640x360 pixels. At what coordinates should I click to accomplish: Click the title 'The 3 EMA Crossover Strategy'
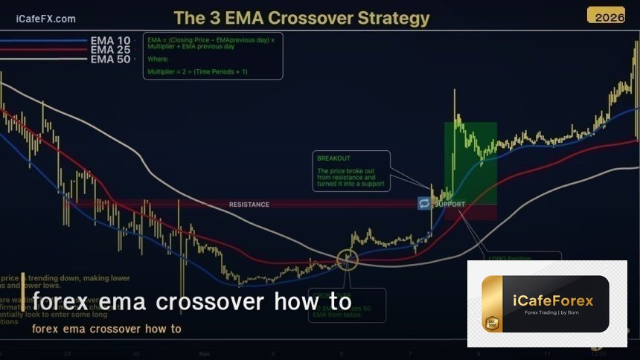click(x=301, y=17)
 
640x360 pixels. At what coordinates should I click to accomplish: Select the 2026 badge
click(x=606, y=15)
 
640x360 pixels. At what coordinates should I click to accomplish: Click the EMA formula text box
click(x=212, y=56)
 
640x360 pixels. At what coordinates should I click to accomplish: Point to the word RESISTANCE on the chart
click(x=249, y=205)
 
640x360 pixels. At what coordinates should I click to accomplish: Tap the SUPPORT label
click(x=449, y=205)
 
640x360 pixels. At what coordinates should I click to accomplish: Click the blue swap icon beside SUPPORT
click(x=424, y=203)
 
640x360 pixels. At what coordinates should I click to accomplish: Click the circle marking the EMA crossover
click(x=347, y=259)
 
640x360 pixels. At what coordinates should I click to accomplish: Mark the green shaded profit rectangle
click(x=470, y=160)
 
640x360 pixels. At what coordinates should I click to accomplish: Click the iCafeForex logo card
click(x=547, y=303)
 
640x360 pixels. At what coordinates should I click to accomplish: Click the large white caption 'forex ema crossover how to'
click(x=191, y=302)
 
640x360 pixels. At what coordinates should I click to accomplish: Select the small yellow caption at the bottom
click(x=106, y=329)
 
